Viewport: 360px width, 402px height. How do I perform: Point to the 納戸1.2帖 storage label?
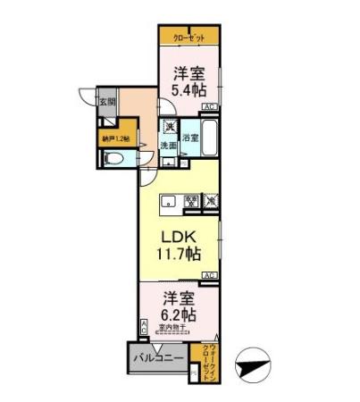[116, 138]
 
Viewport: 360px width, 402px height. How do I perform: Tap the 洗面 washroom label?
[168, 145]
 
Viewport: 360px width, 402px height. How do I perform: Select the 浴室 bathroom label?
[189, 138]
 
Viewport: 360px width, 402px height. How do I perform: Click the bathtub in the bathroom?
[210, 139]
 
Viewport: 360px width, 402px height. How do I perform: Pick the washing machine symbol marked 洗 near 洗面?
[167, 127]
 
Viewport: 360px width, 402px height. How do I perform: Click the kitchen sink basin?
[167, 202]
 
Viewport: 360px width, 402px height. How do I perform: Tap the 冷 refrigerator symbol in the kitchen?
[191, 201]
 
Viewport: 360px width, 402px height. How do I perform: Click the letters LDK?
[179, 238]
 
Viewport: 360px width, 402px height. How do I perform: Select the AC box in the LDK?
[210, 274]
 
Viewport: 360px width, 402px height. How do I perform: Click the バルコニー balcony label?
[161, 359]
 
